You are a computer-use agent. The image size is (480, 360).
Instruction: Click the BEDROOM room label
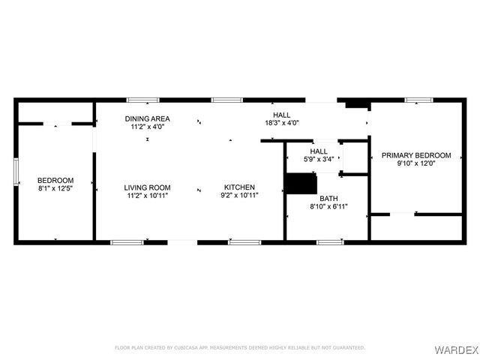55,180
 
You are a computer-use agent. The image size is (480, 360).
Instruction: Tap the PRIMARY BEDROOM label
416,155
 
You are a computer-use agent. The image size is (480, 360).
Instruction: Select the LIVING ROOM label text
148,187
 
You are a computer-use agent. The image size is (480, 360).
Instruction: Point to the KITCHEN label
238,187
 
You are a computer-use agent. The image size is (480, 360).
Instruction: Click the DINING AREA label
147,118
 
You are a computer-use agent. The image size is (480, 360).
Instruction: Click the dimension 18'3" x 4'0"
282,123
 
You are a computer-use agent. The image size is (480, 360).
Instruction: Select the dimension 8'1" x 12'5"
55,189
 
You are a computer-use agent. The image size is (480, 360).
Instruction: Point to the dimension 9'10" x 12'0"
416,164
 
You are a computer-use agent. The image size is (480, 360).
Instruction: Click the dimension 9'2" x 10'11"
238,196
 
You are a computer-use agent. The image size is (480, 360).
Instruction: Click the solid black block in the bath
301,184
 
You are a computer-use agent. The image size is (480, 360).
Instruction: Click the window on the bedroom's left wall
16,170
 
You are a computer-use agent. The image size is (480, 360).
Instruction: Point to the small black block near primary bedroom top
355,104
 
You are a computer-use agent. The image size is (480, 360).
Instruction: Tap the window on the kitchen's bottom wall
244,242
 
